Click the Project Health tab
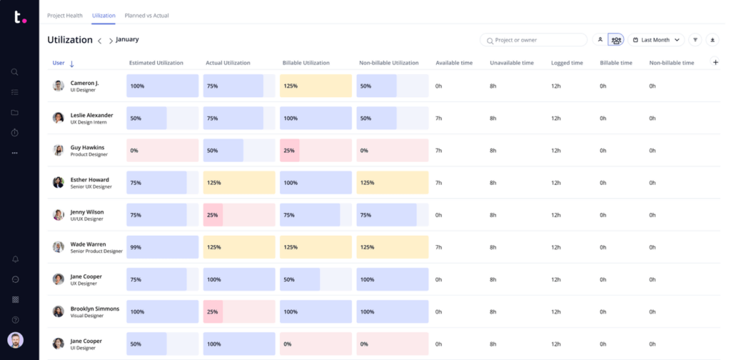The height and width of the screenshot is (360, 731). (x=64, y=15)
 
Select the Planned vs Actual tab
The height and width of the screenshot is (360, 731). (x=146, y=15)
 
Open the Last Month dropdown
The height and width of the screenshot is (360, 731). (x=656, y=40)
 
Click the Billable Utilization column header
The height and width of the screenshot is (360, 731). (x=306, y=63)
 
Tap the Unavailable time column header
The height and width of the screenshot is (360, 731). (x=511, y=63)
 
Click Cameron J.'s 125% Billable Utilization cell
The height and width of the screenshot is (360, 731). (x=316, y=86)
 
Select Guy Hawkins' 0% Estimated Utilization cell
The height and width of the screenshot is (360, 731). (x=162, y=151)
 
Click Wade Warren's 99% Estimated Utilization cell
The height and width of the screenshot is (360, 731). (x=162, y=247)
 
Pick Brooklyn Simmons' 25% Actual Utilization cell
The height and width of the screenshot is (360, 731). (x=238, y=311)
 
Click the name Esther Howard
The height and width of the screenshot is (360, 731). (x=89, y=179)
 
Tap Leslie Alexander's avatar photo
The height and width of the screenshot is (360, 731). (x=59, y=118)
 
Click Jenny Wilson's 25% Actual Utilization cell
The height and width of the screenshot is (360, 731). (x=238, y=215)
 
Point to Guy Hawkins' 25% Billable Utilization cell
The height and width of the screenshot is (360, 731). (x=316, y=151)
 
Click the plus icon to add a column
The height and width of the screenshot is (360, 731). (x=715, y=63)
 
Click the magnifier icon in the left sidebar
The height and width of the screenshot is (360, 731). (x=14, y=72)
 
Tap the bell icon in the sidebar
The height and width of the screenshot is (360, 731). (x=14, y=259)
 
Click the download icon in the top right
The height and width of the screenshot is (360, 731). (x=712, y=40)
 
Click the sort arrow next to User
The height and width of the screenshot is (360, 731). (x=71, y=64)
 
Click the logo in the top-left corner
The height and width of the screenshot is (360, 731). (x=19, y=17)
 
